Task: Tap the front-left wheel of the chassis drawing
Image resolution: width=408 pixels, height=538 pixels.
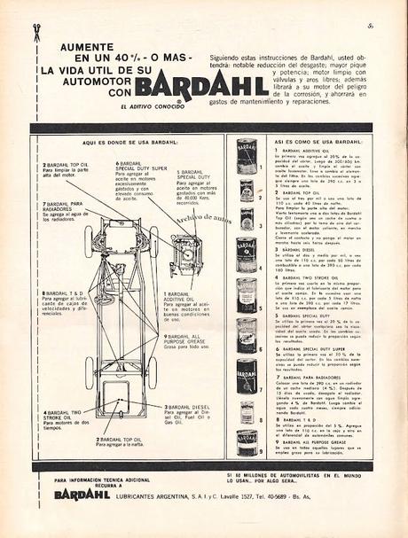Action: pos(90,242)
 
